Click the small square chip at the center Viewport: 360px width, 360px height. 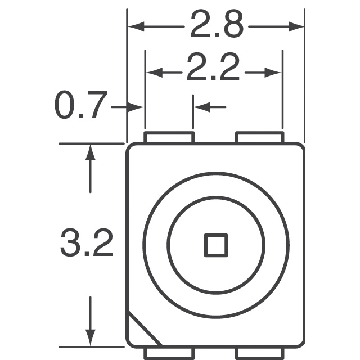215,245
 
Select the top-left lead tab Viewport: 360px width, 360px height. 169,137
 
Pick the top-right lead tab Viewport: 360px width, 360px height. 259,137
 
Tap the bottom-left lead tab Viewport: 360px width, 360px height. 169,353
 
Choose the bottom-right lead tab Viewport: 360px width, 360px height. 259,353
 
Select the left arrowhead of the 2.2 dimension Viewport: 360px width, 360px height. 152,72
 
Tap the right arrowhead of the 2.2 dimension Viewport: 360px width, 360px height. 275,72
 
